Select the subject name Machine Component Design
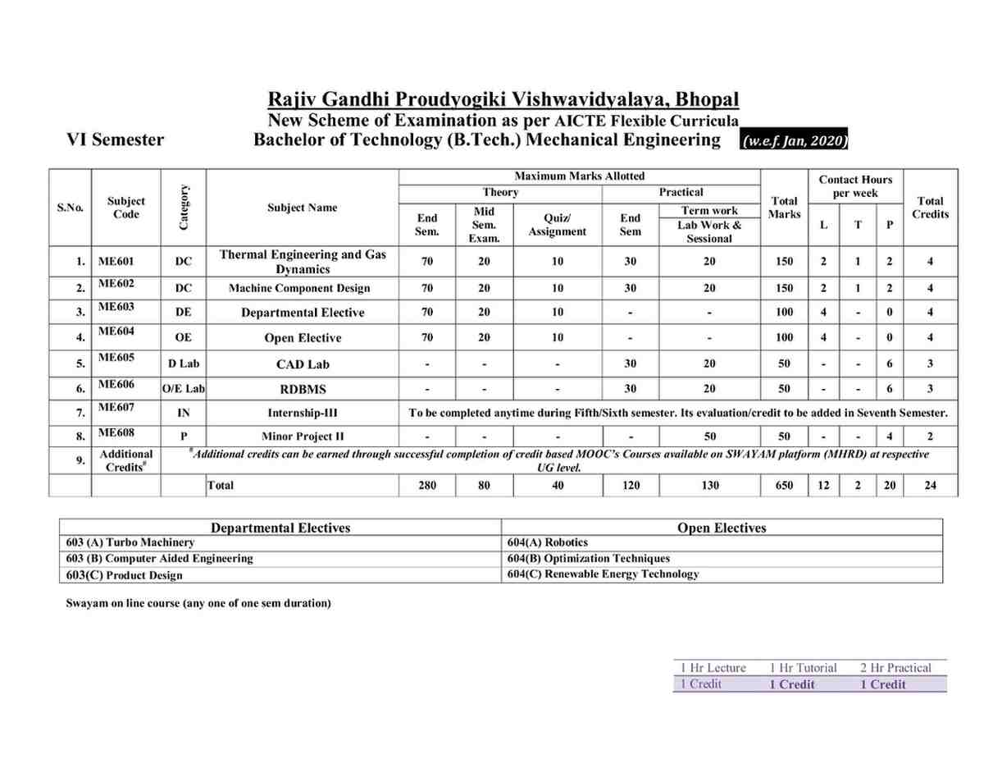click(299, 288)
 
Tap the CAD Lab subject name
click(303, 363)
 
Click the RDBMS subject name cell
click(303, 389)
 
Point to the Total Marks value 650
click(784, 485)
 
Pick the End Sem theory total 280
click(427, 485)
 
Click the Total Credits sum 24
click(930, 485)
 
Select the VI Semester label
click(115, 139)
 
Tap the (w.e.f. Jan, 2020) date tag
click(794, 140)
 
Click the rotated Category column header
click(184, 208)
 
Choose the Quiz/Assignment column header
click(558, 225)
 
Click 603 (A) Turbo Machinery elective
click(130, 542)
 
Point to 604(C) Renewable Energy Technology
click(603, 574)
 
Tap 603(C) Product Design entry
click(125, 575)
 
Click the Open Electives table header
click(722, 528)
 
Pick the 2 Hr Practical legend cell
click(895, 668)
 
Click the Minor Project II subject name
click(303, 437)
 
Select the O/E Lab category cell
click(184, 389)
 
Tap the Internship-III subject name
click(303, 413)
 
